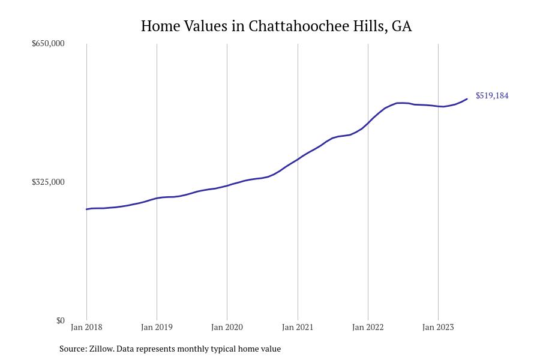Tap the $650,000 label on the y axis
tap(48, 43)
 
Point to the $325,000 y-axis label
tap(48, 182)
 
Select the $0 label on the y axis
tap(60, 320)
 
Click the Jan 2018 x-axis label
tap(86, 327)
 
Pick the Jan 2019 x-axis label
tap(157, 327)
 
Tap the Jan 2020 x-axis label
tap(227, 327)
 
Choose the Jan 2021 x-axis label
tap(298, 327)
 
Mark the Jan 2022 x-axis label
tap(368, 327)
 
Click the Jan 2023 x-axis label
tap(438, 327)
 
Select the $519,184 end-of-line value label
tap(492, 95)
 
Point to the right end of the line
tap(467, 99)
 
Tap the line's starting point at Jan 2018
tap(86, 209)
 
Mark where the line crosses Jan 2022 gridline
tap(368, 123)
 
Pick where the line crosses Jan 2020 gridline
tap(227, 185)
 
